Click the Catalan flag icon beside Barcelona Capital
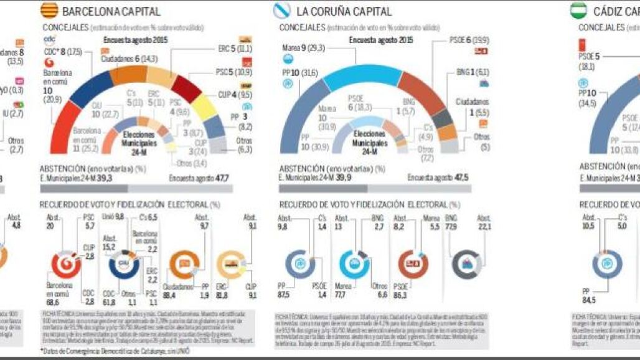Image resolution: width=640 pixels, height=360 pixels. pos(49,11)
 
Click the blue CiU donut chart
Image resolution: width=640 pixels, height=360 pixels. pos(124,264)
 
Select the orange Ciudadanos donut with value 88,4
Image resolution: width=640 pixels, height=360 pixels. pos(183,264)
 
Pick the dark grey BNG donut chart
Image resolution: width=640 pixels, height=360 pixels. pos(464,264)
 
